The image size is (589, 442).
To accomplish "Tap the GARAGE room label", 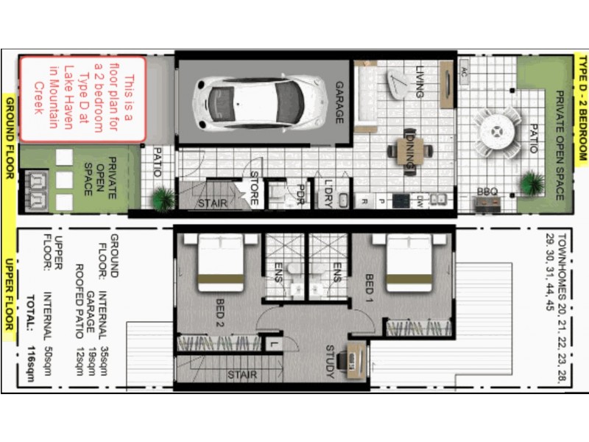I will click(x=340, y=102).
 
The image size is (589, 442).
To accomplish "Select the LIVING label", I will click(x=419, y=82).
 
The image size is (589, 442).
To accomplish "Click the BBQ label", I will click(x=487, y=192).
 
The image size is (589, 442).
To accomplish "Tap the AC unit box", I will click(x=464, y=71).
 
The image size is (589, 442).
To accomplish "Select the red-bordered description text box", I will click(x=82, y=99).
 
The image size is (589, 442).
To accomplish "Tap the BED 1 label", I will click(x=370, y=289).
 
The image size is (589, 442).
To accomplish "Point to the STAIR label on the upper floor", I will click(x=241, y=375).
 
